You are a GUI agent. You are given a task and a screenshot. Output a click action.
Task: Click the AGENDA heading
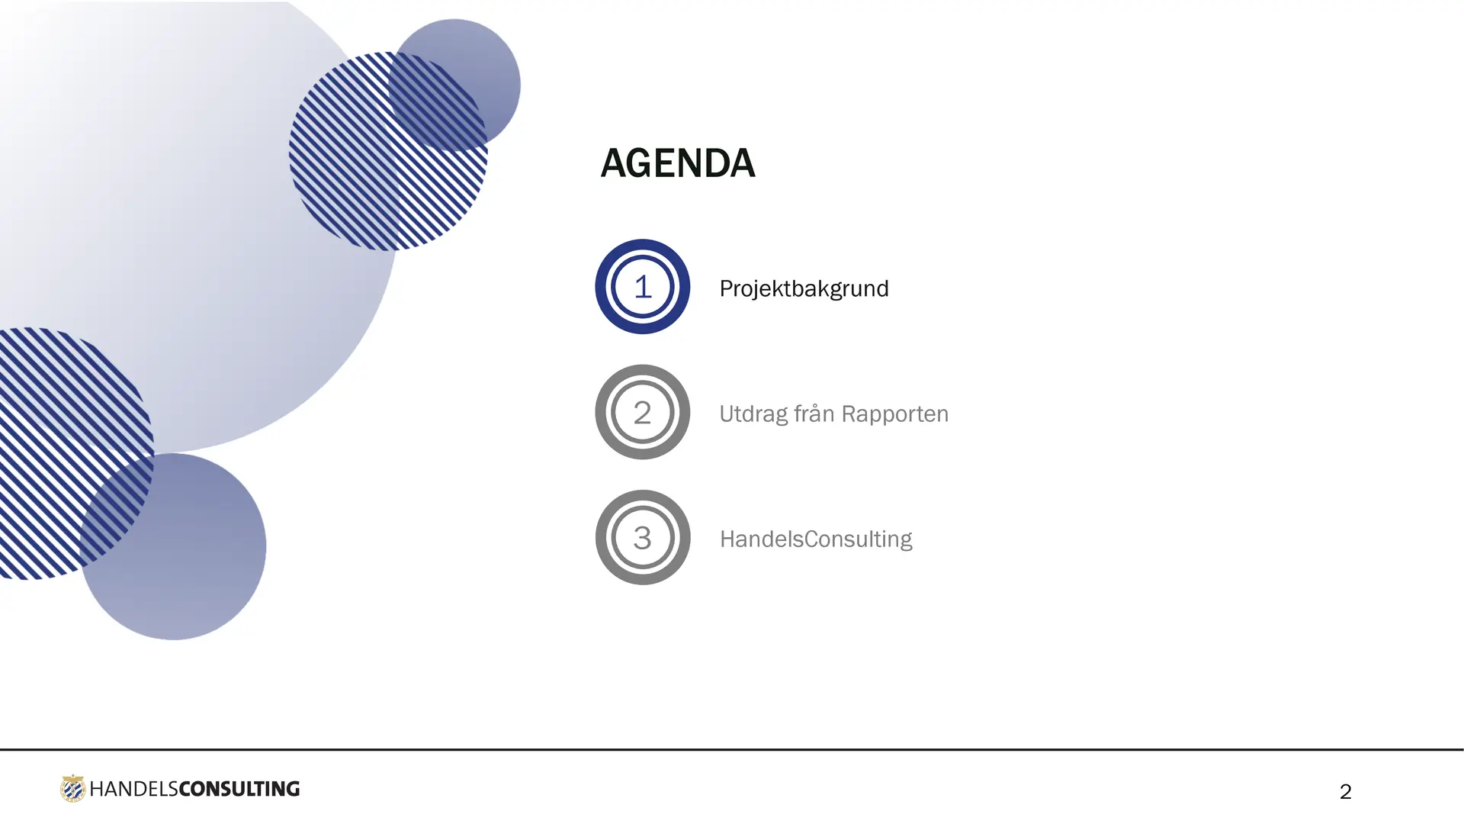point(678,163)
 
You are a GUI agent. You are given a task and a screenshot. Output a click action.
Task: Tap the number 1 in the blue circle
point(643,287)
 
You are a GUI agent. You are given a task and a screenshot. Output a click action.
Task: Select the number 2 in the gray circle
point(642,413)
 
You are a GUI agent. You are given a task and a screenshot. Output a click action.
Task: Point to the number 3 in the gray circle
point(642,538)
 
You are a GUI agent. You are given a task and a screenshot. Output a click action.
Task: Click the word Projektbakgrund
point(804,289)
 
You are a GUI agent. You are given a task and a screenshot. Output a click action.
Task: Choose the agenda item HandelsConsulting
point(816,539)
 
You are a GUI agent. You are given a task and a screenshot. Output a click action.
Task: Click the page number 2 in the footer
point(1346,792)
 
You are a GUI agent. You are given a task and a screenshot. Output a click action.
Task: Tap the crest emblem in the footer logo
point(72,788)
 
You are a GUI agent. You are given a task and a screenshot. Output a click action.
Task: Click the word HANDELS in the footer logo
point(133,789)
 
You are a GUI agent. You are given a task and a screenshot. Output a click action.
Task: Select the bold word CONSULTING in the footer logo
point(239,789)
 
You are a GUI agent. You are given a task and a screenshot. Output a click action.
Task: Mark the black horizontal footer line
point(732,749)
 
